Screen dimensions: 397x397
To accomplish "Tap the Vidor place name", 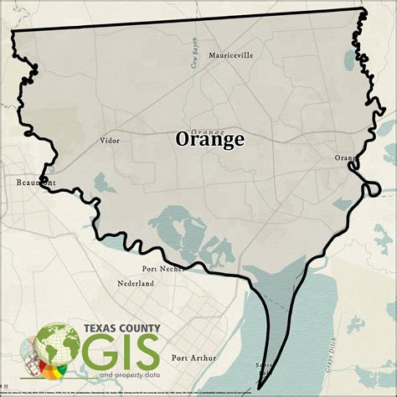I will tap(110, 141).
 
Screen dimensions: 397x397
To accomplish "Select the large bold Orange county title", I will tap(210, 140).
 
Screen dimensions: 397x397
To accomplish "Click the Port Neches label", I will tap(163, 269).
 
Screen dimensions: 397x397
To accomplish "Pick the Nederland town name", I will tap(135, 284).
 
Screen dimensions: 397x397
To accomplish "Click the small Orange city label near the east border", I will tap(346, 158).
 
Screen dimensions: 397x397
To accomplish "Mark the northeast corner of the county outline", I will tap(363, 10).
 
